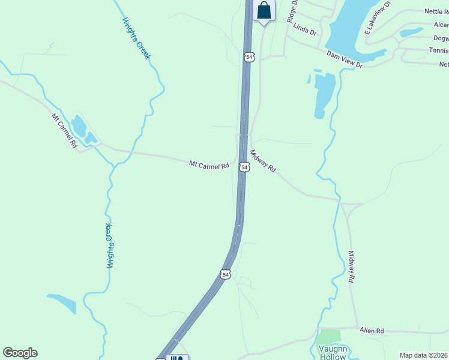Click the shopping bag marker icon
(264, 10)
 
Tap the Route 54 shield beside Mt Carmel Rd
(244, 167)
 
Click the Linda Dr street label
(305, 29)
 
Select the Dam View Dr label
(345, 59)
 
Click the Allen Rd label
(372, 331)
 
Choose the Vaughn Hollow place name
(332, 353)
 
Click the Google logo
(20, 353)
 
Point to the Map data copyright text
(423, 355)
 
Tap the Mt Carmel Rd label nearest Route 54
(209, 164)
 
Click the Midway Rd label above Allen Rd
(352, 266)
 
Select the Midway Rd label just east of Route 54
(262, 161)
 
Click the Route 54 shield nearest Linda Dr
(249, 56)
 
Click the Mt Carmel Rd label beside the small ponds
(64, 131)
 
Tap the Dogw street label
(439, 38)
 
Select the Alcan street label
(441, 25)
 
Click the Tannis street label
(438, 51)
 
